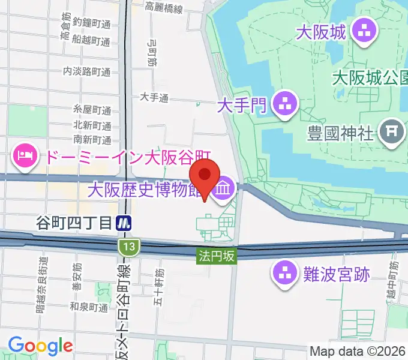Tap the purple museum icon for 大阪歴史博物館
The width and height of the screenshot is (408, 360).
coord(223,190)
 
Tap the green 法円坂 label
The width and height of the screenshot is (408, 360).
coord(217,256)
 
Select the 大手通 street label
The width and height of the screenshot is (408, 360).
coord(154,97)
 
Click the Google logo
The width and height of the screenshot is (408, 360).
coord(40,346)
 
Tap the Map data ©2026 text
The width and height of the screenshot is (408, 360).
coord(358,351)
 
